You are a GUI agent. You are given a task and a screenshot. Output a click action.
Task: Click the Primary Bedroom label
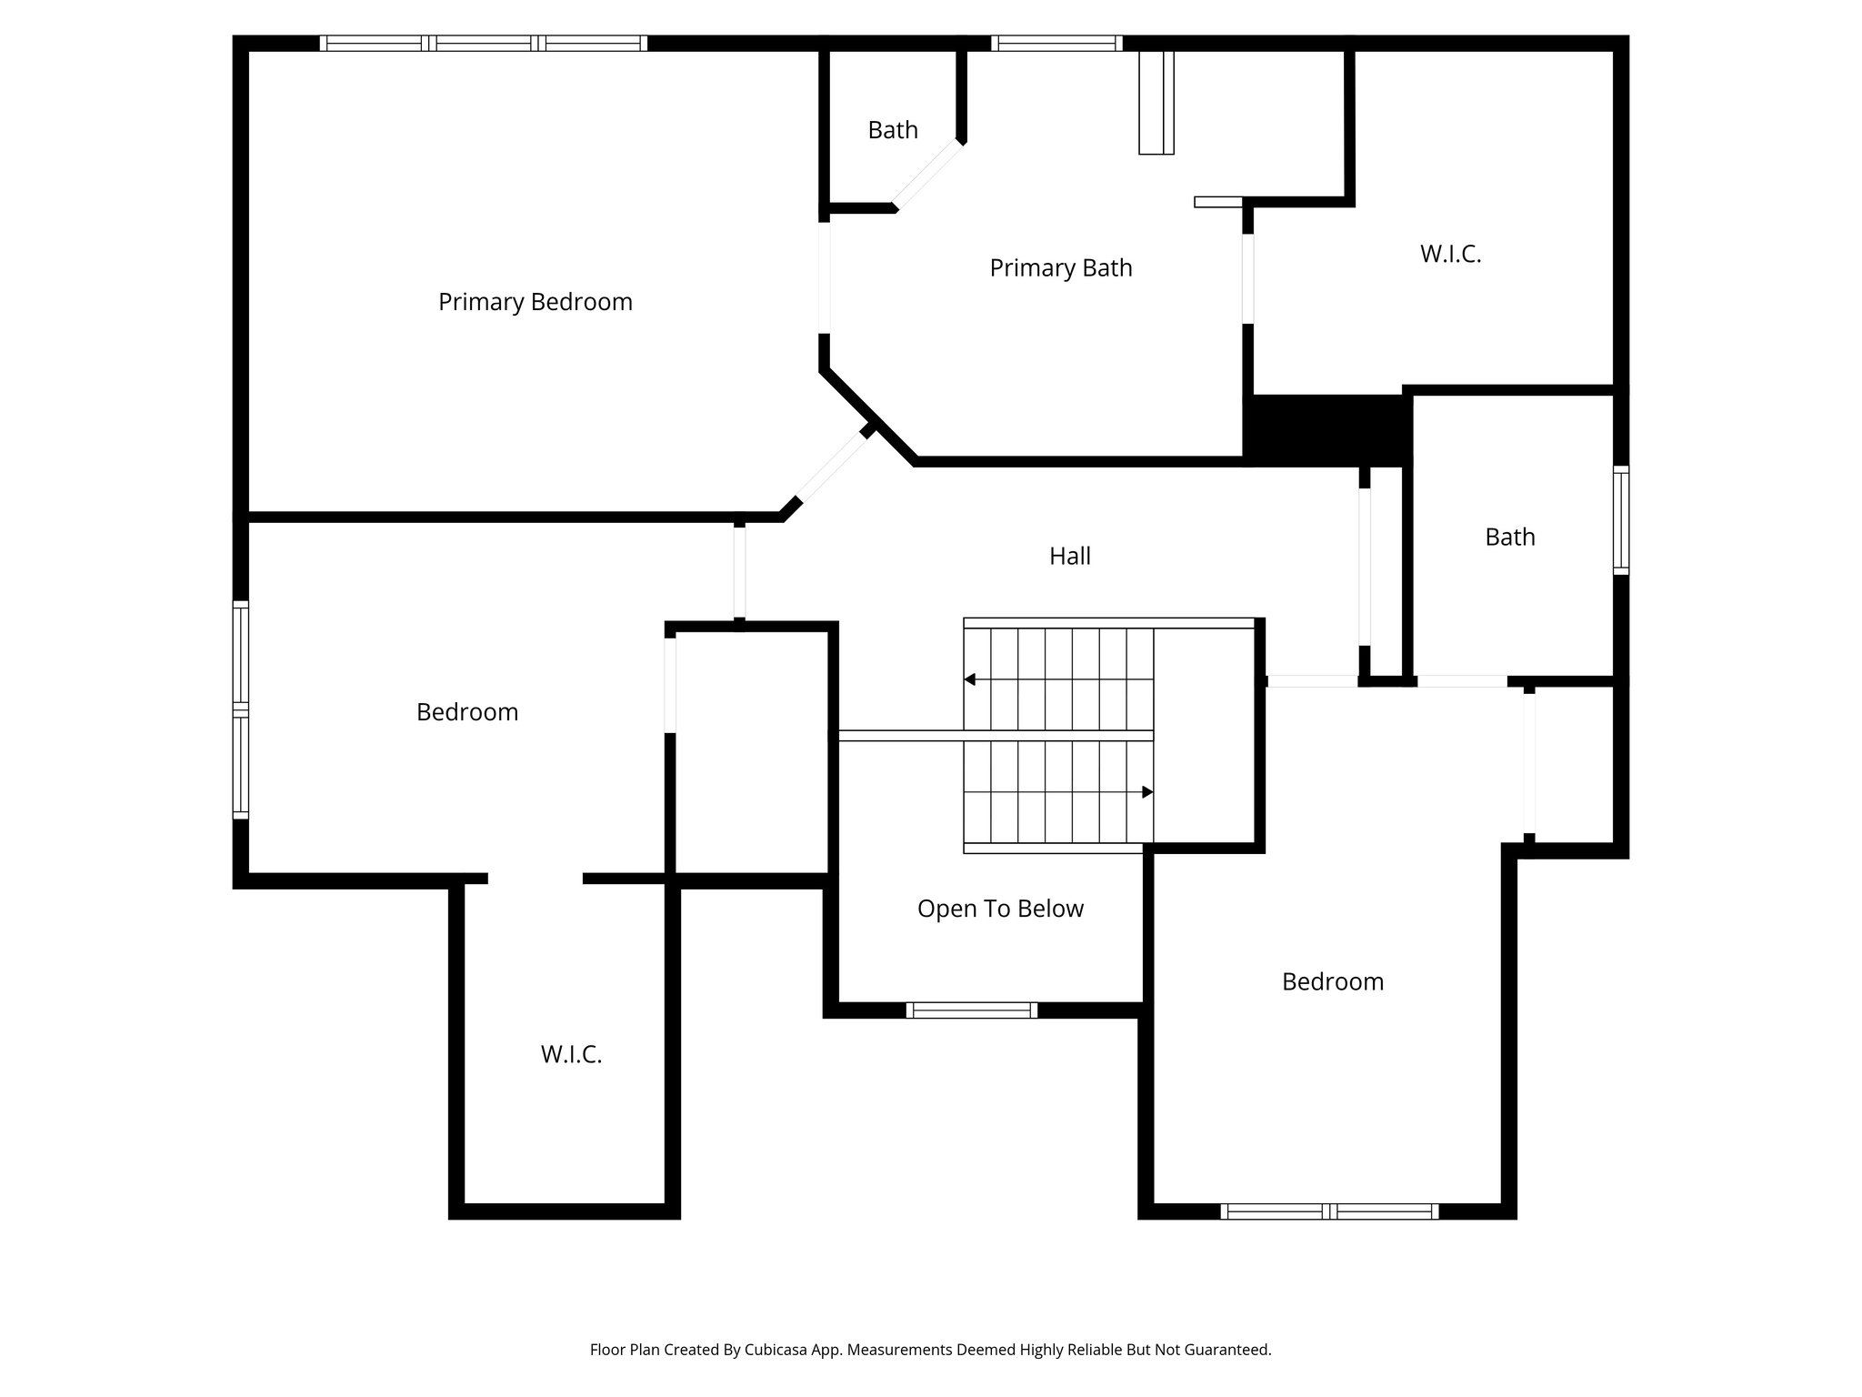click(535, 302)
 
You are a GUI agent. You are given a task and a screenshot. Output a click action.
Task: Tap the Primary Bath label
click(1060, 268)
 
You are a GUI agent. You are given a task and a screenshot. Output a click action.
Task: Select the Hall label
click(1069, 556)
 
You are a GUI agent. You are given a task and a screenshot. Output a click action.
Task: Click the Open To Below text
click(1000, 909)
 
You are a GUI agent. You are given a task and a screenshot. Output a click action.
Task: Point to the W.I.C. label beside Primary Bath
click(1450, 254)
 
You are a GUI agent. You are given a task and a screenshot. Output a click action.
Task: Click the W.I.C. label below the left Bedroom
click(571, 1054)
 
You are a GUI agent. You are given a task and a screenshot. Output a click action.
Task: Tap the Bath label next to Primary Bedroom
click(892, 130)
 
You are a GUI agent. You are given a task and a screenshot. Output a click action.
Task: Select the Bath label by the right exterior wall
click(1509, 537)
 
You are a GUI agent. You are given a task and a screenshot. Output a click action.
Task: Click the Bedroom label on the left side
click(467, 711)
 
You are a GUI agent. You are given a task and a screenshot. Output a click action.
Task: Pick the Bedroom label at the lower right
click(1332, 981)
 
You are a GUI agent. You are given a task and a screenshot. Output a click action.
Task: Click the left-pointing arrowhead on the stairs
click(970, 679)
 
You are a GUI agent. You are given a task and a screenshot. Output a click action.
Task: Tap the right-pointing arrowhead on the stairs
click(1147, 792)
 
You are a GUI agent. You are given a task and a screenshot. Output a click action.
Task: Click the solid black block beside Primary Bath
click(1326, 429)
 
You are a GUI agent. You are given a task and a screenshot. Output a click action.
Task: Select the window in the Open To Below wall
click(971, 1010)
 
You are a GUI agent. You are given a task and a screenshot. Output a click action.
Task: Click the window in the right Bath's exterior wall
click(1620, 520)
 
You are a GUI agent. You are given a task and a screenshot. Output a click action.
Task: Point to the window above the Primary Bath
click(1056, 43)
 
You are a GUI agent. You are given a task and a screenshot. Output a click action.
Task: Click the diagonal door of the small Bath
click(927, 175)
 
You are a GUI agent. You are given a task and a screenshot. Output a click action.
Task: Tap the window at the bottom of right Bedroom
click(1328, 1211)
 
